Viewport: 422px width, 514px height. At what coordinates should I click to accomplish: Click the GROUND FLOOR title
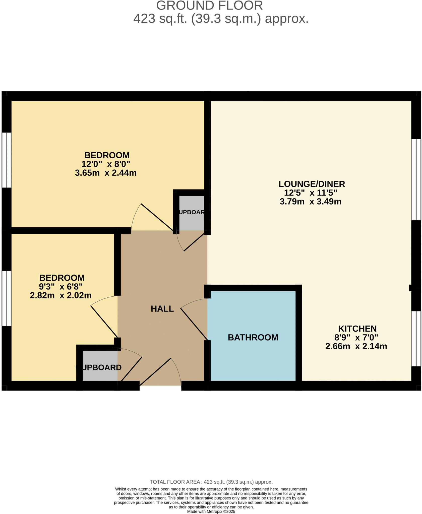point(209,6)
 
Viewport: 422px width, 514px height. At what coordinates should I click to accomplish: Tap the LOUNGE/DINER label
point(312,184)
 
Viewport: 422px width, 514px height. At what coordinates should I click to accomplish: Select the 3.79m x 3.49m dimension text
point(311,202)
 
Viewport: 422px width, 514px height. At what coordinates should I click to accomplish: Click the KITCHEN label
point(357,329)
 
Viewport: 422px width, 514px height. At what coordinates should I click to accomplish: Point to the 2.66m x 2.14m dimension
point(356,346)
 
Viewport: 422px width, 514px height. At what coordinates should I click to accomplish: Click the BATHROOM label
point(253,337)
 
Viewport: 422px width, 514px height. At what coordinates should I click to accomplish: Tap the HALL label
point(162,309)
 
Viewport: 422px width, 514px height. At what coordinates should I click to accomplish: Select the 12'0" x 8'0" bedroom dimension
point(106,164)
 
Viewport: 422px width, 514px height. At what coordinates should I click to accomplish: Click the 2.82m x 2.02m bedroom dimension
point(61,295)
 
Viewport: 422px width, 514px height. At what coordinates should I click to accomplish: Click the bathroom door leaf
point(194,324)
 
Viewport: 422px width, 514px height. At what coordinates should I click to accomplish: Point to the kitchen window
point(416,339)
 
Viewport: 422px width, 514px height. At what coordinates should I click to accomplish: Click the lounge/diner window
point(416,179)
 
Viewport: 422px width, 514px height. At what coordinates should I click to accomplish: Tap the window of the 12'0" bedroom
point(6,160)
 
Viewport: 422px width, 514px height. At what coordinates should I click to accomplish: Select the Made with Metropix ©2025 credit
point(211,511)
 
